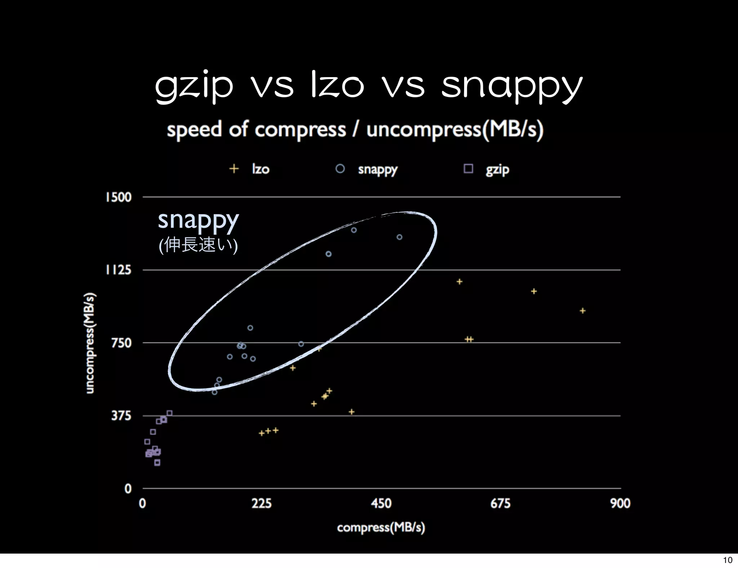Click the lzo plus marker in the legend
(234, 169)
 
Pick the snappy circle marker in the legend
(340, 169)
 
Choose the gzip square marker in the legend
(468, 169)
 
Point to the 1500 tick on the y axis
(119, 197)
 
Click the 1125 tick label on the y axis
(119, 270)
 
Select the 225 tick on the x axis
(262, 503)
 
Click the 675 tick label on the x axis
(500, 503)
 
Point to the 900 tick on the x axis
(620, 503)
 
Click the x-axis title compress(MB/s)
(381, 527)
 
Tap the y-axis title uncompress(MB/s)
(90, 343)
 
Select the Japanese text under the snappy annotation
(198, 245)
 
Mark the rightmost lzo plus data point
(583, 311)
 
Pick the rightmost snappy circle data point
(399, 237)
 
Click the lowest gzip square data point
(157, 463)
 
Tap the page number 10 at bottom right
(728, 560)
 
